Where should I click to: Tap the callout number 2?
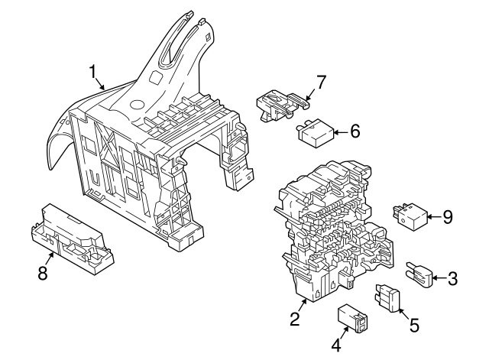click(294, 319)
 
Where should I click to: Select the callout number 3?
click(452, 278)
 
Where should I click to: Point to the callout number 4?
click(335, 345)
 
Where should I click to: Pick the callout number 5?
click(413, 325)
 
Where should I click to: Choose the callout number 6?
click(354, 131)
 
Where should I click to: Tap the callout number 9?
click(447, 217)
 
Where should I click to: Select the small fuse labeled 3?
click(421, 273)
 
